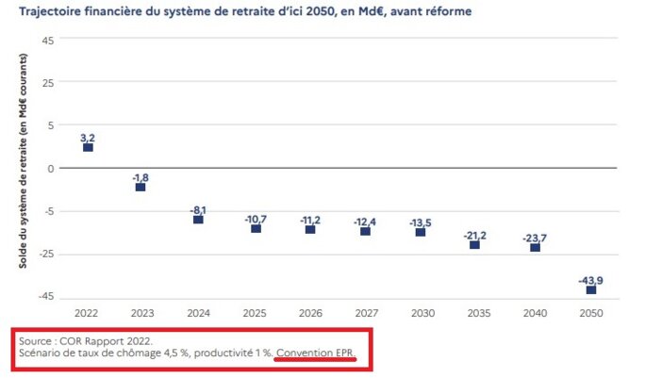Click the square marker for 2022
88,147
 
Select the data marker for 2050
591,289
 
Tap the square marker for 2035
474,245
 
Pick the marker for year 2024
198,219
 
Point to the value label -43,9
590,278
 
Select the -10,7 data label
256,218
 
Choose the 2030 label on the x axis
421,312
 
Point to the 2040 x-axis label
535,312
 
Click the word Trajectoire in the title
49,11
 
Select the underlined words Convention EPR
317,352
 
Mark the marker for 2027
365,231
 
